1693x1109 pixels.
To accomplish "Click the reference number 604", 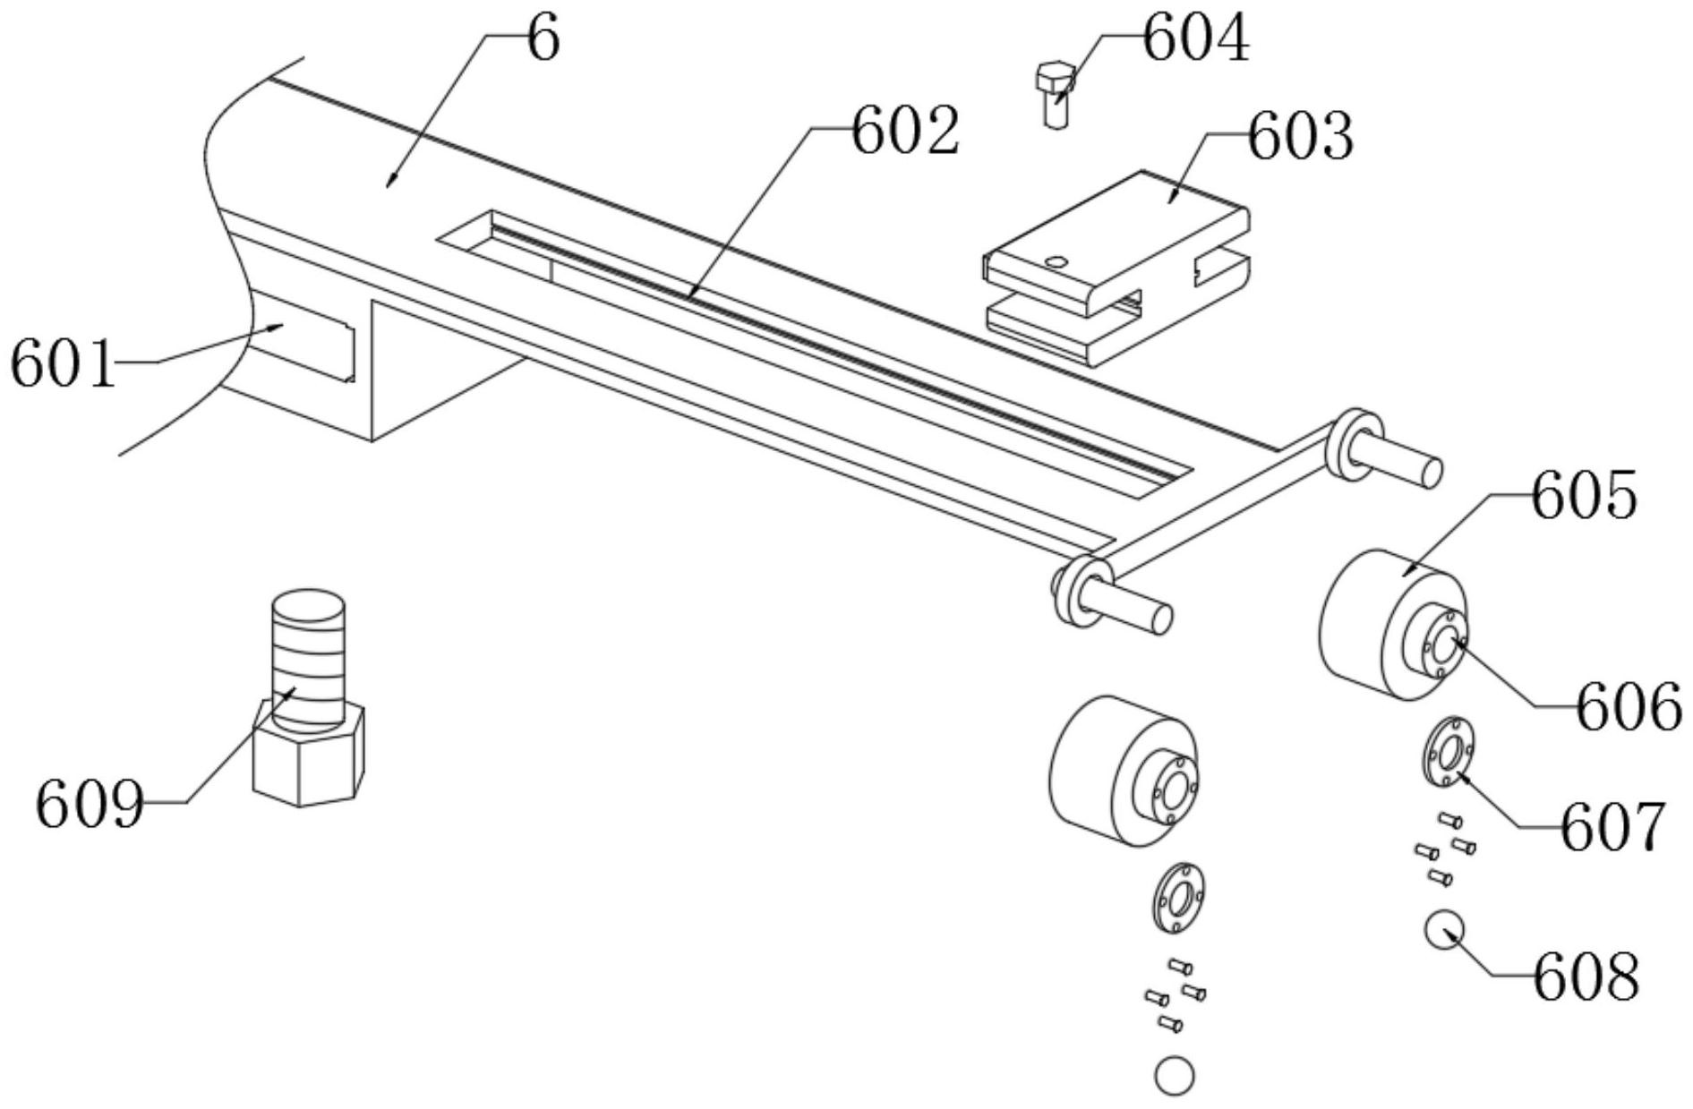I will point(1195,40).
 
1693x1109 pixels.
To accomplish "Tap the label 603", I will point(1300,138).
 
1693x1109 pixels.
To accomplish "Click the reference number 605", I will point(1584,498).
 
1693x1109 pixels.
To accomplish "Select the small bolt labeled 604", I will point(1056,95).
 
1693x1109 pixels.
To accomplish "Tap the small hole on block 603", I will point(1056,262).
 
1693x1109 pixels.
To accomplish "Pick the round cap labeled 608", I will point(1444,930).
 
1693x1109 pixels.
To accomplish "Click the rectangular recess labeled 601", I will point(304,345).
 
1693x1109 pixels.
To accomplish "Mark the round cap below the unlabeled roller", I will point(1174,1075).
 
